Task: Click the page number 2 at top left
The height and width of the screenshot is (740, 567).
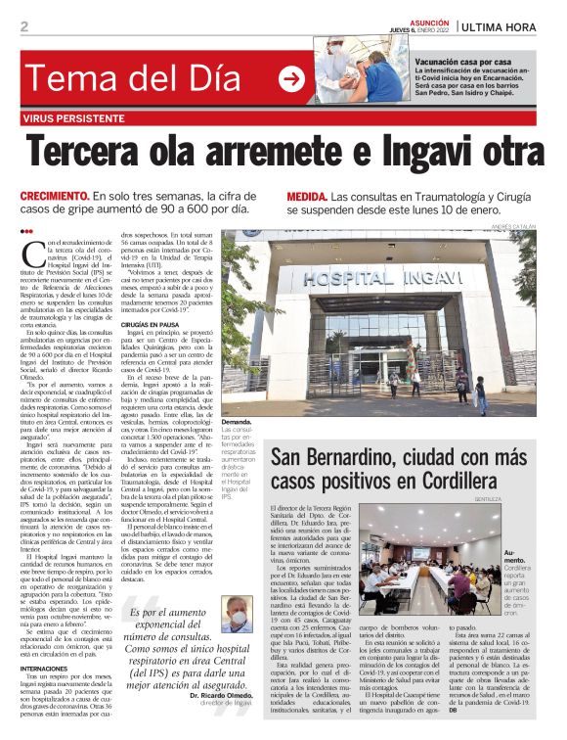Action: [24, 26]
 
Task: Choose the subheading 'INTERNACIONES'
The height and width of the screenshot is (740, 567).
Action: [49, 668]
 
